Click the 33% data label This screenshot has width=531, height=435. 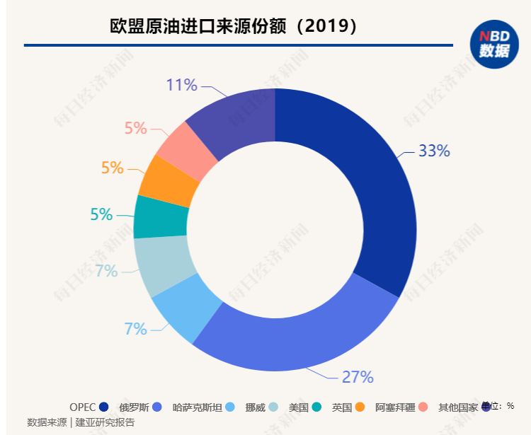pyautogui.click(x=433, y=151)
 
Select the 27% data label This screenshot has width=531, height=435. pyautogui.click(x=357, y=376)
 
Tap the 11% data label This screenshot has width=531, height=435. pyautogui.click(x=181, y=86)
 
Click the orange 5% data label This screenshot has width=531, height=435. pyautogui.click(x=112, y=168)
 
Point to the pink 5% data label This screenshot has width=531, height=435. pyautogui.click(x=135, y=128)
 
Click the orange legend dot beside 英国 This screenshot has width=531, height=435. pyautogui.click(x=360, y=407)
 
